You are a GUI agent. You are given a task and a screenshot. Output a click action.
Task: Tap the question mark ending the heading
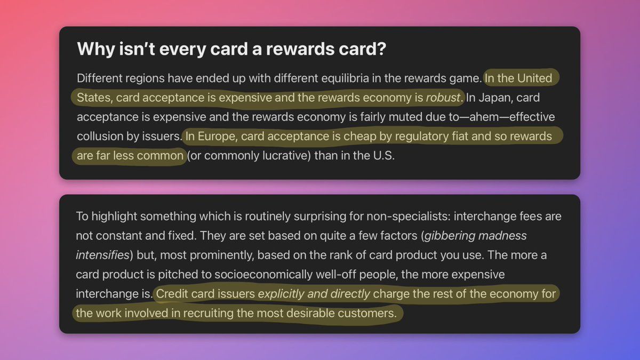point(382,49)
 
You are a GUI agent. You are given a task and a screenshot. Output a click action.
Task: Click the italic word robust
point(443,98)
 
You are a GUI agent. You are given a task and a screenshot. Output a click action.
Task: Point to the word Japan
point(491,98)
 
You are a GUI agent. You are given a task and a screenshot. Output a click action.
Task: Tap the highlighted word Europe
point(217,137)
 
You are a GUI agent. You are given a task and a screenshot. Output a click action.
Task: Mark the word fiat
point(460,137)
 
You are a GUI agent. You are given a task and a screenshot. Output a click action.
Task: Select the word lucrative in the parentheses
point(286,156)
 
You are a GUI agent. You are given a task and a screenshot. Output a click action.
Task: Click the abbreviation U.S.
point(383,156)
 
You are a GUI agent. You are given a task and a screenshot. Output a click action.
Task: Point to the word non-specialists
point(409,217)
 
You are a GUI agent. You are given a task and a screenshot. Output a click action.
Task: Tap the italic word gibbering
point(450,236)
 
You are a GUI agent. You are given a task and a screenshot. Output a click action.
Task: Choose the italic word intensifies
point(103,255)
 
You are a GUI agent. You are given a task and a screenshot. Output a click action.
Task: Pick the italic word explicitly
point(281,294)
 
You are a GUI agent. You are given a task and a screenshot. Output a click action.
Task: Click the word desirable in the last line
point(310,314)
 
